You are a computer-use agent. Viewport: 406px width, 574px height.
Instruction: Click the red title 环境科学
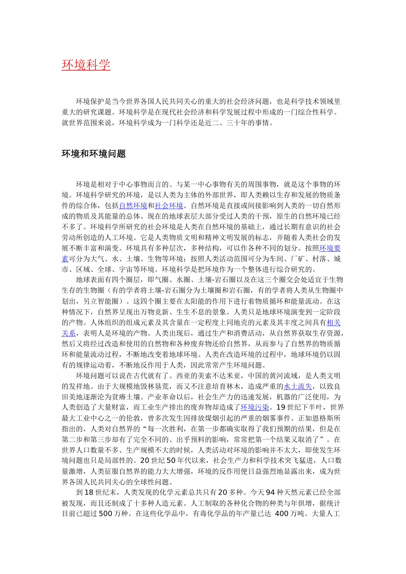[86, 65]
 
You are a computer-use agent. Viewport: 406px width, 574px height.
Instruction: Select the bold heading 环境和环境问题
[94, 154]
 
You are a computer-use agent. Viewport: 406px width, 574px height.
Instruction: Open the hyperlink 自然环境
[133, 206]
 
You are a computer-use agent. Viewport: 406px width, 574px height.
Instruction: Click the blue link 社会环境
[169, 206]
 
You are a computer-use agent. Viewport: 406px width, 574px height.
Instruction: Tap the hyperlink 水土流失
[297, 387]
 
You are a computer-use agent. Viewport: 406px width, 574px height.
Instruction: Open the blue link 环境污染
[255, 407]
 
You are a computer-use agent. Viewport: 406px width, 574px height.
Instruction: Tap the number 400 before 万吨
[282, 514]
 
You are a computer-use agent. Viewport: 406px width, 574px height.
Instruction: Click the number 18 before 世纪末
[89, 492]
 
